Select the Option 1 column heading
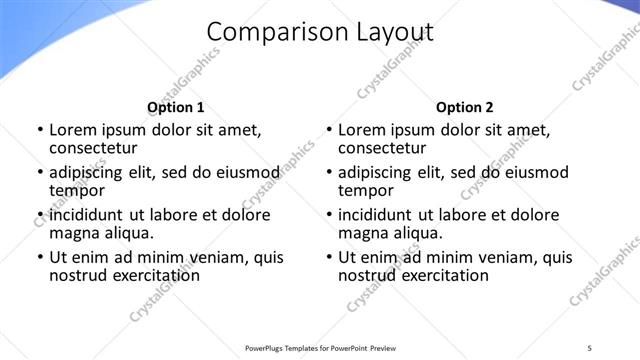click(176, 107)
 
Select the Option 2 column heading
click(465, 107)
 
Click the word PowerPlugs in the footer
click(263, 347)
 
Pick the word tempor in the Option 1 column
click(77, 190)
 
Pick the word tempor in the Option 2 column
click(366, 190)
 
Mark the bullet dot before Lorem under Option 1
click(40, 131)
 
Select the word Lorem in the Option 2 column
click(362, 130)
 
